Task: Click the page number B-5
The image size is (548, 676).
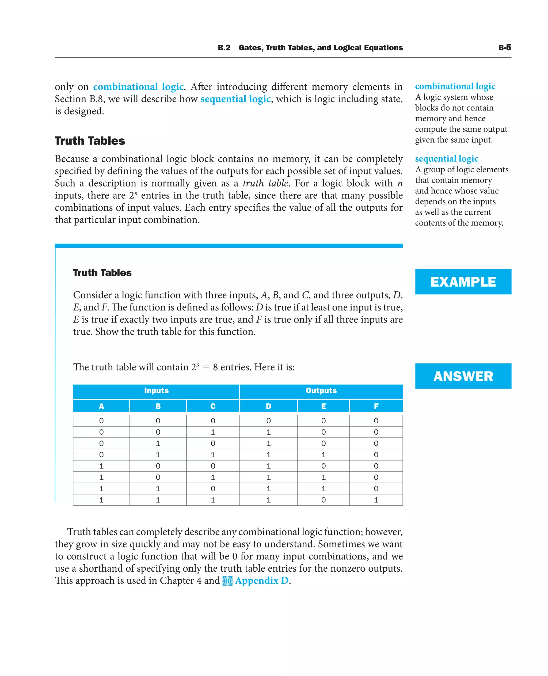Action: click(x=504, y=48)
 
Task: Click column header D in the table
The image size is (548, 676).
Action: click(x=268, y=406)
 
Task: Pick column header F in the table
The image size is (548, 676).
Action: click(x=376, y=406)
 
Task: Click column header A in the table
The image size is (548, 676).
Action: click(x=101, y=406)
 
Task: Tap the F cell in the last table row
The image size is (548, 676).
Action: click(x=376, y=500)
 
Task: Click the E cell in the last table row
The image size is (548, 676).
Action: click(x=323, y=500)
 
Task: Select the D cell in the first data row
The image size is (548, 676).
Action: click(x=268, y=421)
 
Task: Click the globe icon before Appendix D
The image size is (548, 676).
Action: click(x=227, y=581)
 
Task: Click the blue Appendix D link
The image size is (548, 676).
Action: click(x=262, y=581)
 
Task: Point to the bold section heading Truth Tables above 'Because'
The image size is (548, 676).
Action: click(x=90, y=141)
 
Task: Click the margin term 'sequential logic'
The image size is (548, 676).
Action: click(x=446, y=158)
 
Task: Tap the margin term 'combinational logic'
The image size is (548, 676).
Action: click(x=455, y=86)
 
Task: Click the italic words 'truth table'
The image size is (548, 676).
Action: click(x=265, y=183)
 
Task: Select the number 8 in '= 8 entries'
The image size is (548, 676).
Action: click(x=215, y=367)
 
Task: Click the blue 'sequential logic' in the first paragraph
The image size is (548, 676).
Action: click(x=235, y=99)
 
